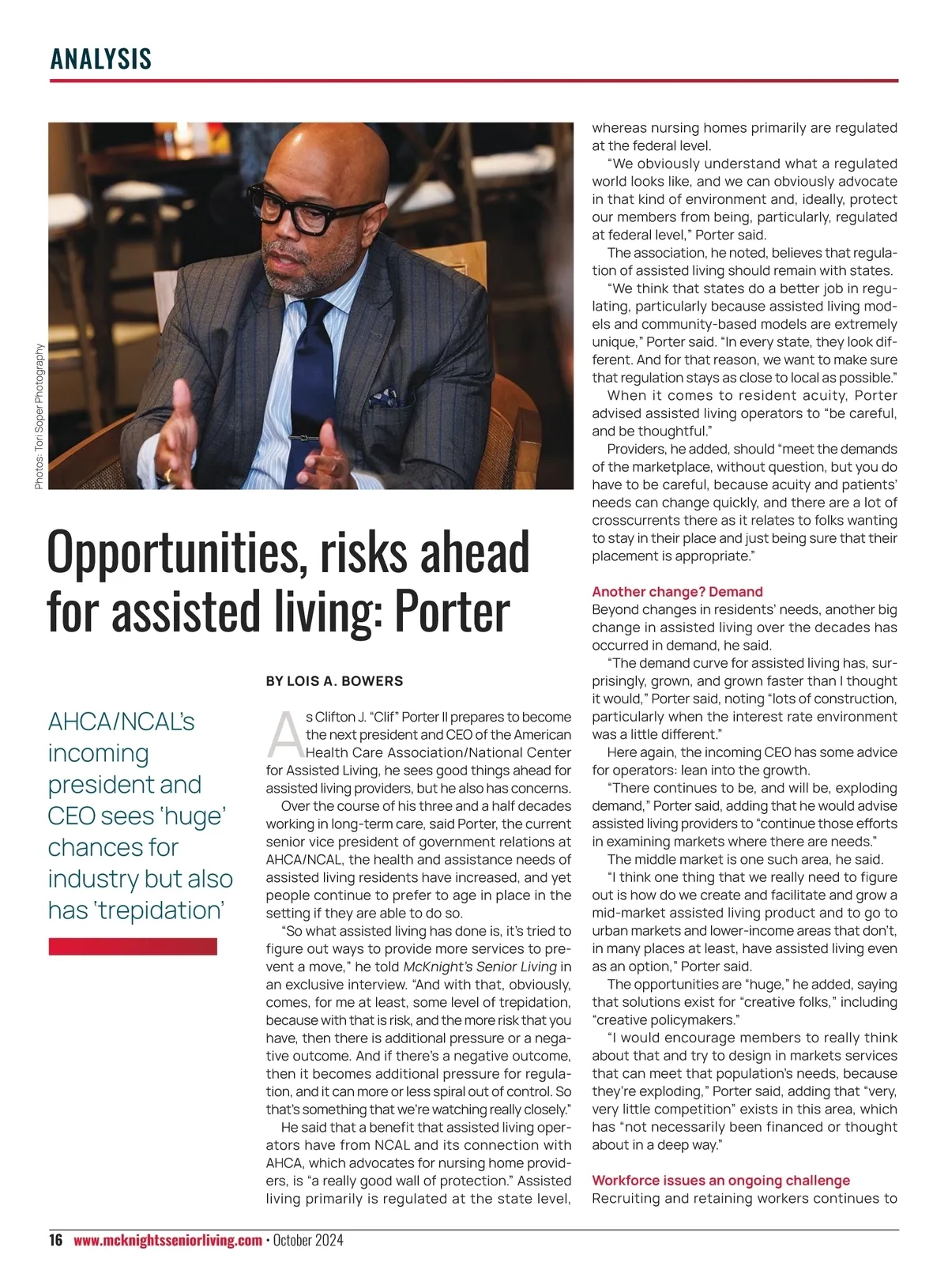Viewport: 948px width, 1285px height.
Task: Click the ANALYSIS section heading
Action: [100, 59]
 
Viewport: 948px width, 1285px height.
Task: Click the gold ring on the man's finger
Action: [167, 474]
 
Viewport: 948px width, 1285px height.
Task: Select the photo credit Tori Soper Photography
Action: [39, 416]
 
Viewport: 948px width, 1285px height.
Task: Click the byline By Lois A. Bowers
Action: [334, 681]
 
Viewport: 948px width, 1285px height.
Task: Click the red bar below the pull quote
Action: [133, 947]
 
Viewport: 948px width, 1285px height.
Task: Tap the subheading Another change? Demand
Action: [677, 592]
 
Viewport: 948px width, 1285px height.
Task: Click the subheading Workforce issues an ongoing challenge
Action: [720, 1181]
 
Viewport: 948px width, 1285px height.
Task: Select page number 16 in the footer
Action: [55, 1240]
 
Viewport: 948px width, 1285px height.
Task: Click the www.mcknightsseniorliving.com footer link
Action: [167, 1240]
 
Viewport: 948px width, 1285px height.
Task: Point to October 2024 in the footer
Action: [308, 1240]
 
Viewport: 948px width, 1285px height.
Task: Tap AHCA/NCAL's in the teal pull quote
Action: [121, 722]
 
